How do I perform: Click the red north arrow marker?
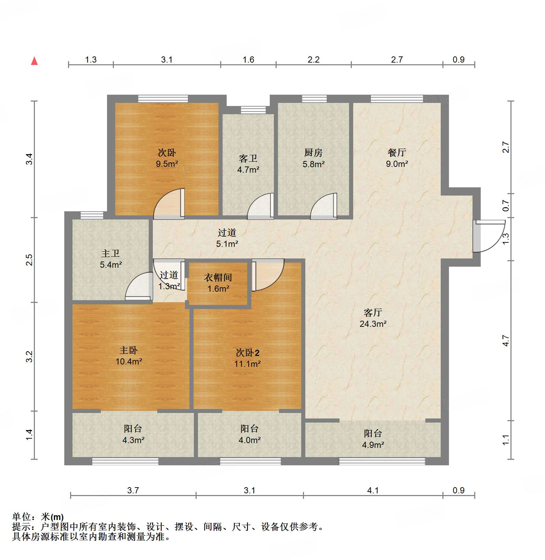pos(34,61)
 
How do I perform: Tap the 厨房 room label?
pos(313,158)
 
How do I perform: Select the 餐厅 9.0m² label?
pos(397,158)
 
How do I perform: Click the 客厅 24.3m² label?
pos(373,318)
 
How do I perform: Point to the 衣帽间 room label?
pos(218,283)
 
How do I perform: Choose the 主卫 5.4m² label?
pos(110,259)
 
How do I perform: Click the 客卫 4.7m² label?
pos(248,164)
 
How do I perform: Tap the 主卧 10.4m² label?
pos(129,356)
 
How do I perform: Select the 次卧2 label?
pos(248,358)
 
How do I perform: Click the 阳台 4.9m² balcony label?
pos(373,439)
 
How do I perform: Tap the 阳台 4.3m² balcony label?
pos(133,434)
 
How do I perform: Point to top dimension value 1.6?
pos(248,60)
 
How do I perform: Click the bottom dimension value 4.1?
pos(373,491)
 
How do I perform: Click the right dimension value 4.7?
pos(506,341)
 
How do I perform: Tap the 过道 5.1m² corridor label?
pos(227,238)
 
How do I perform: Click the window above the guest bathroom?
pos(253,110)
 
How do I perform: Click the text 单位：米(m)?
pos(38,517)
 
